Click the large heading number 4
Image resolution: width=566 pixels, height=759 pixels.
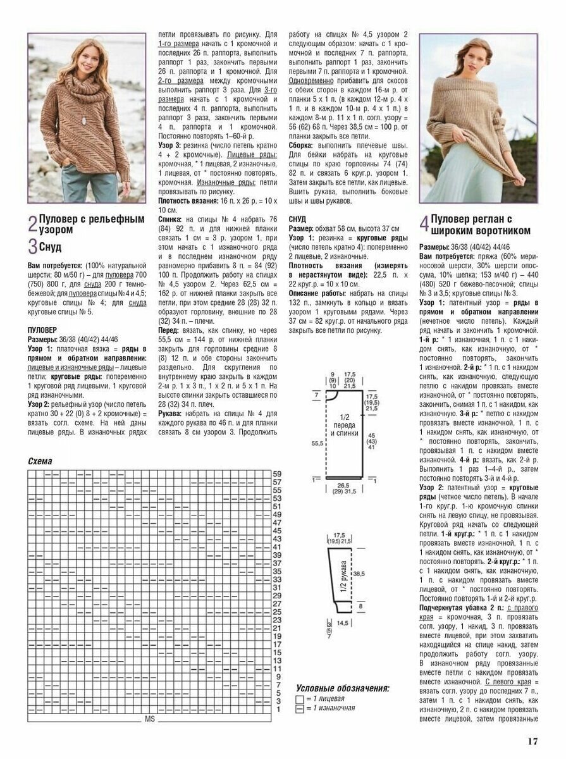coord(424,225)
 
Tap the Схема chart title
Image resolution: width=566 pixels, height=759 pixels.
coord(40,461)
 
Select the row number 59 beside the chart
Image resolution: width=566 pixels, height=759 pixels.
coord(277,474)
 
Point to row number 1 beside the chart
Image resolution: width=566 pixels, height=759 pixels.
coord(276,710)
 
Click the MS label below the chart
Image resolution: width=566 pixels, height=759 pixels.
coord(150,719)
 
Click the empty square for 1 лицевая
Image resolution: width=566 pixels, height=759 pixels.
coord(299,699)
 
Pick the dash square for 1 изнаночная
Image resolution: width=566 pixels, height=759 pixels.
coord(299,708)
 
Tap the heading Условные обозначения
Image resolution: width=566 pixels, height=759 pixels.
coord(342,688)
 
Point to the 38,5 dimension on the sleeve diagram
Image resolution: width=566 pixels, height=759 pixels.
coord(359,573)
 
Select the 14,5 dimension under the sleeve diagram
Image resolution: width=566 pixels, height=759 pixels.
coord(343,623)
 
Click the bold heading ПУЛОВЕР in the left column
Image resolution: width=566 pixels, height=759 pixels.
coord(42,330)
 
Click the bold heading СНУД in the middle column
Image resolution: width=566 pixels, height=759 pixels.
coord(297,218)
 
